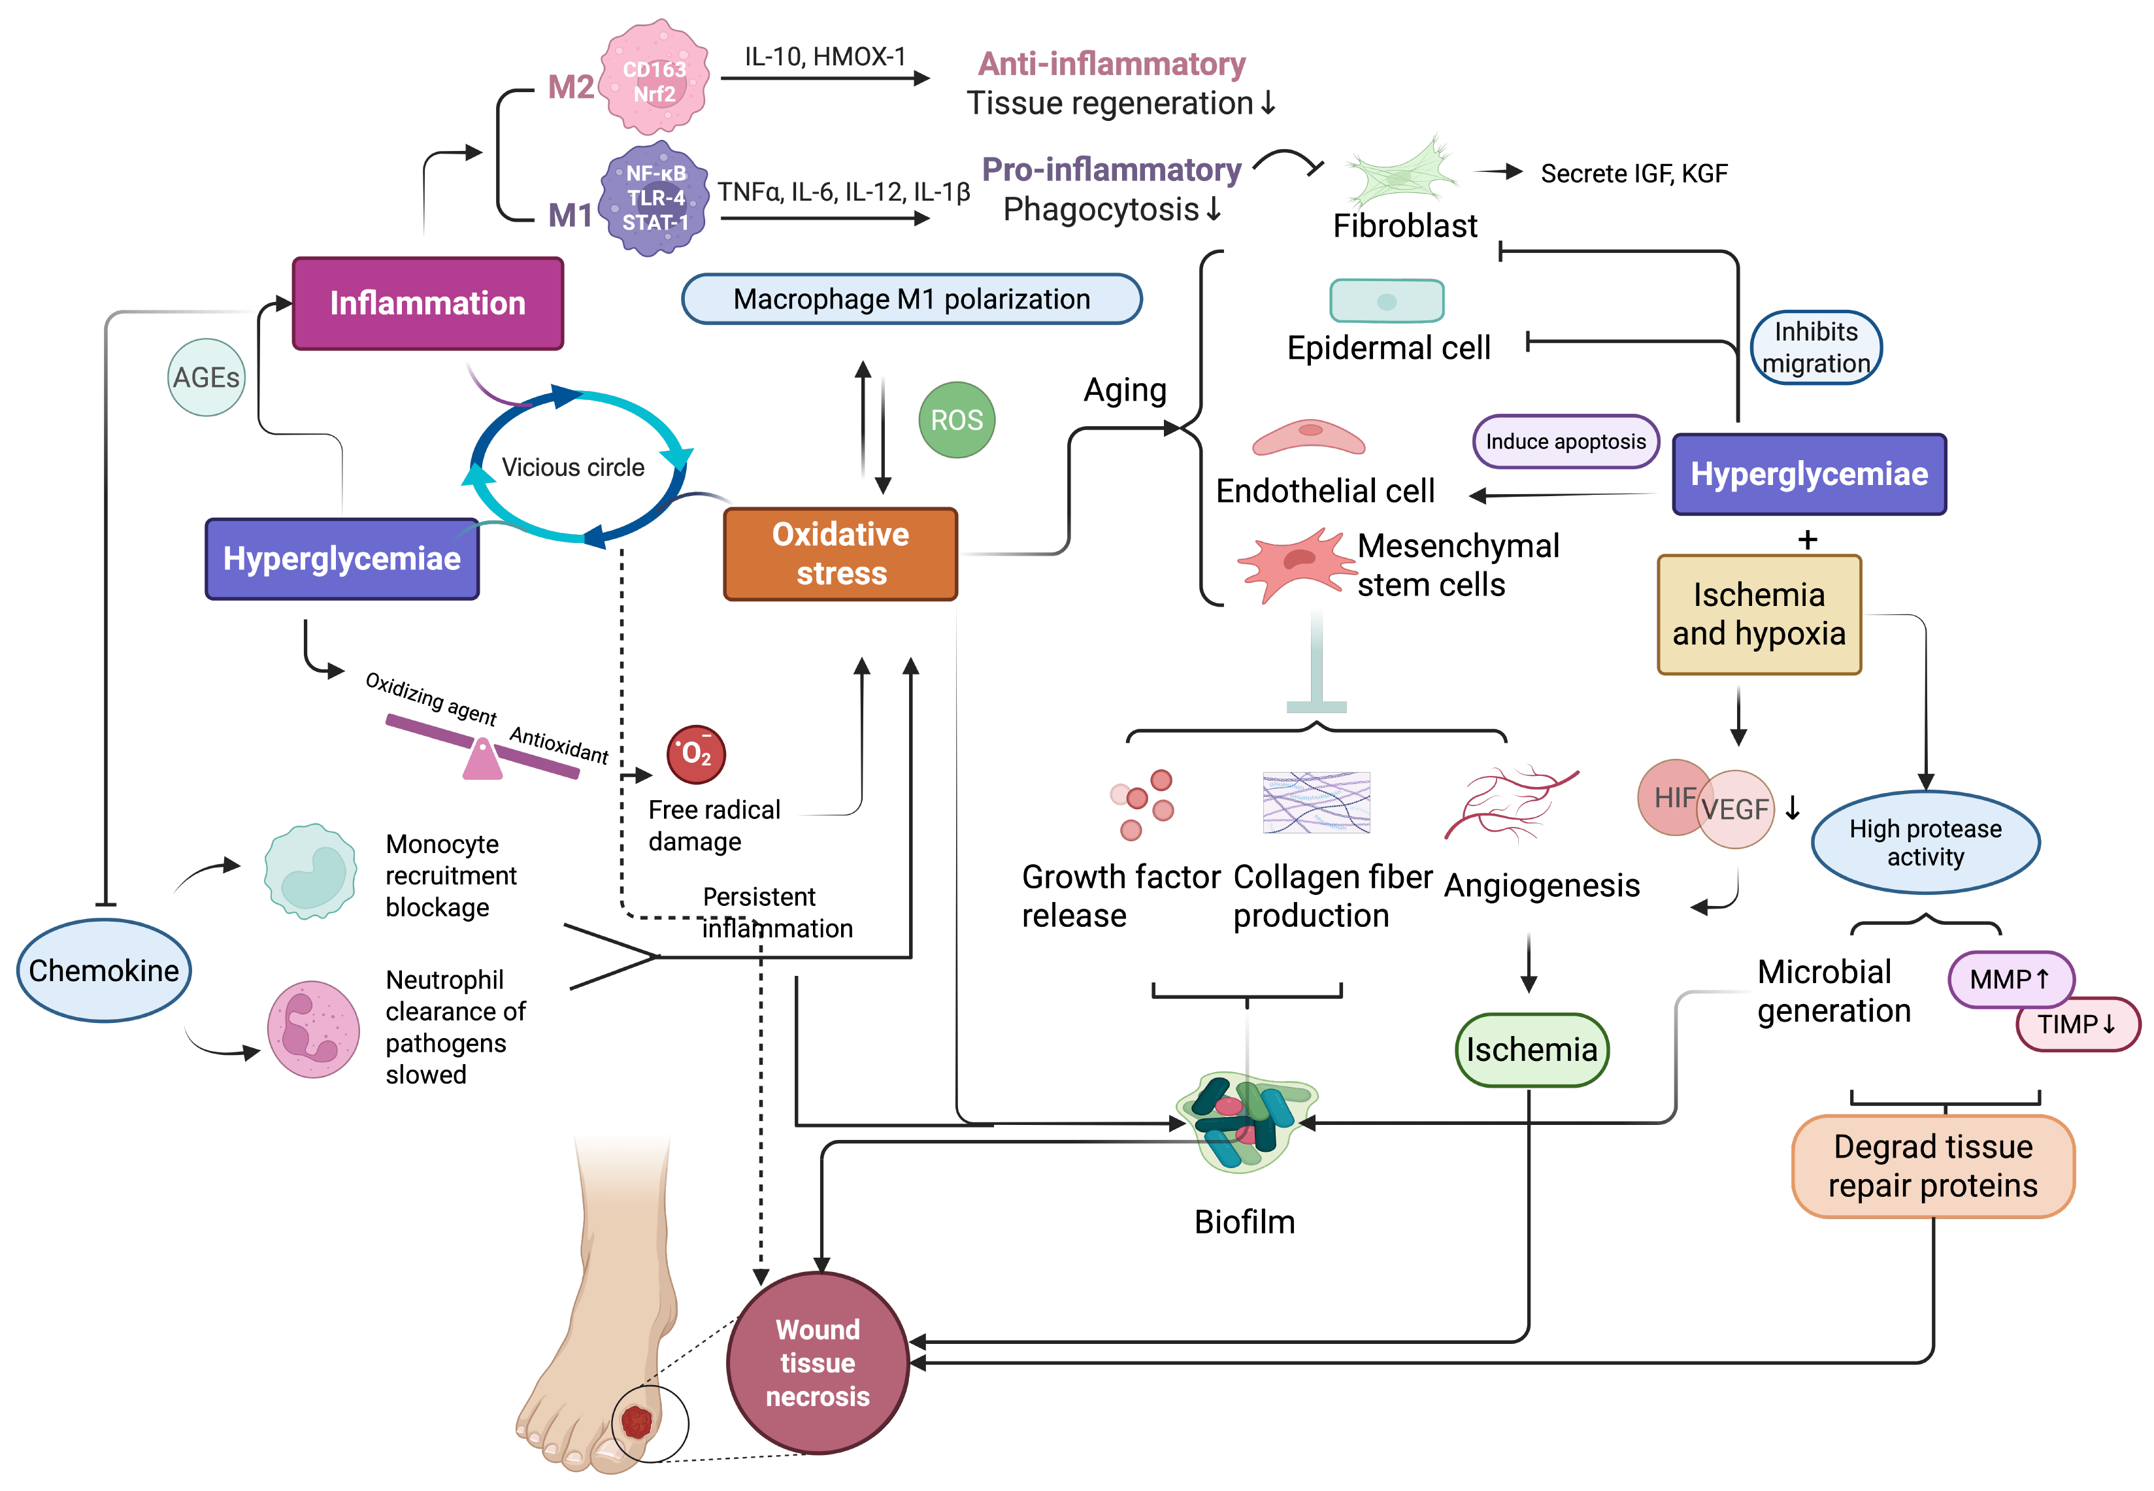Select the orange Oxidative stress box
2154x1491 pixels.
[x=840, y=554]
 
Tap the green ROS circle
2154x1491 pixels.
[x=957, y=420]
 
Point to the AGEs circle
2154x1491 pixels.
[x=207, y=377]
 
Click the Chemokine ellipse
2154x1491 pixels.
[x=104, y=971]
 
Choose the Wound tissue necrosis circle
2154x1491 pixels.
[x=818, y=1362]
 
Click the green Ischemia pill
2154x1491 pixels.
[x=1531, y=1050]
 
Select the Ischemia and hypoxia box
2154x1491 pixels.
[x=1758, y=614]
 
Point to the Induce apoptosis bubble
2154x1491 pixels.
[x=1566, y=442]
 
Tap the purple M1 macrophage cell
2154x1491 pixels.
[x=654, y=198]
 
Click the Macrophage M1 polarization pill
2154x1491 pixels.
[x=912, y=299]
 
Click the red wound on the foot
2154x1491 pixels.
[x=637, y=1422]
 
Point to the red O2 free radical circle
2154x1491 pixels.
[x=696, y=754]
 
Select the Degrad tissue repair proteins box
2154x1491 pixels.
[x=1932, y=1166]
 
